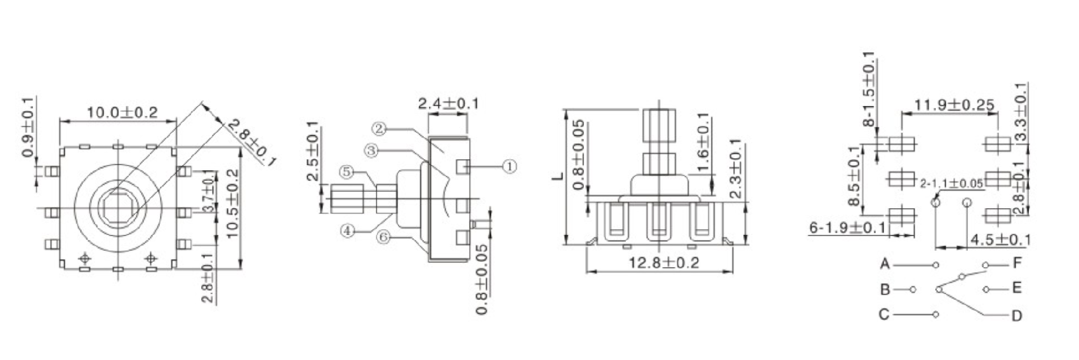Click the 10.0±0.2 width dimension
(x=122, y=113)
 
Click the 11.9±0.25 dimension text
(x=954, y=105)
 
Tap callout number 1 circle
(x=510, y=166)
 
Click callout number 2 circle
(x=379, y=129)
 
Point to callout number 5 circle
(x=346, y=171)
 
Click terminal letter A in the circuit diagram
(x=885, y=263)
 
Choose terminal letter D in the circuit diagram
(x=1017, y=316)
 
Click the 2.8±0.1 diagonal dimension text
(x=251, y=143)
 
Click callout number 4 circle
(x=347, y=231)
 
